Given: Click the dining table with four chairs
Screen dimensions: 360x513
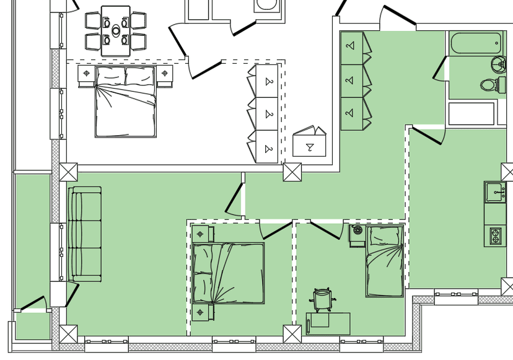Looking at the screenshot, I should [116, 30].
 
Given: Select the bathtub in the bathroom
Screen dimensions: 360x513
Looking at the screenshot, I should [476, 43].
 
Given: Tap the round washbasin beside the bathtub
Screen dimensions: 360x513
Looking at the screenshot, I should [499, 64].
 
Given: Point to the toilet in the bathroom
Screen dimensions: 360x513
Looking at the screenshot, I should [489, 86].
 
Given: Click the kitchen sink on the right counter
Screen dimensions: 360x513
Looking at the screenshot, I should [496, 191].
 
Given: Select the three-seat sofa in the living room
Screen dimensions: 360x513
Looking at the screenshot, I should [84, 234].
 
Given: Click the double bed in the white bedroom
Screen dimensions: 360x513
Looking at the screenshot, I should [125, 102].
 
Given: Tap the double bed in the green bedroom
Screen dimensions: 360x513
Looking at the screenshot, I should [228, 273].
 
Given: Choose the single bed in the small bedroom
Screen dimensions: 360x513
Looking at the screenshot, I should [384, 261].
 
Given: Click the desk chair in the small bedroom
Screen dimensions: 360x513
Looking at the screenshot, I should [323, 299].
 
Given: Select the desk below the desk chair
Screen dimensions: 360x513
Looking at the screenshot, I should [328, 323].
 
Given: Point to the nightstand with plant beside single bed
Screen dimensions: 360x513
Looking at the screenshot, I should [357, 235].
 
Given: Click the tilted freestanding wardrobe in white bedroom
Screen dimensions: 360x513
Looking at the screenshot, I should [309, 143].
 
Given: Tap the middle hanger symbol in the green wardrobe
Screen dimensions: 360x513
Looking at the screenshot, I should [351, 80].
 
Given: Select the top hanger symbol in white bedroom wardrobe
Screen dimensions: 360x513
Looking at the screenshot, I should [269, 81].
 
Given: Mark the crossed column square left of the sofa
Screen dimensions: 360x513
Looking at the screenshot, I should [68, 172].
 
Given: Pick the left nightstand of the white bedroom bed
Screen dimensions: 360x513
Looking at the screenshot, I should [86, 74].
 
